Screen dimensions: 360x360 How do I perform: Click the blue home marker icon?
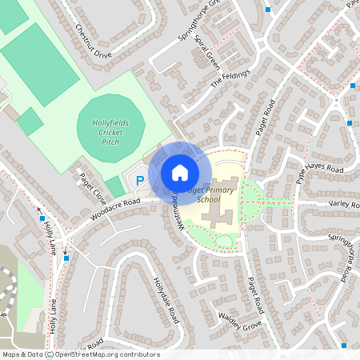pyautogui.click(x=179, y=173)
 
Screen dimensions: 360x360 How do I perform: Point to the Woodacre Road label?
pyautogui.click(x=115, y=210)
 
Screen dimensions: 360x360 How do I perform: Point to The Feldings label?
pyautogui.click(x=230, y=78)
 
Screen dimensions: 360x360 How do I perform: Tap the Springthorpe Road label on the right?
pyautogui.click(x=339, y=256)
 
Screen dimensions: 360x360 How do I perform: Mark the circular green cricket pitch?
pyautogui.click(x=111, y=128)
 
